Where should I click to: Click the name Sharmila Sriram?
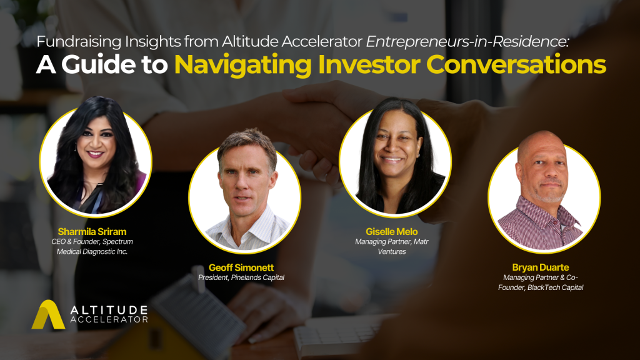pos(92,231)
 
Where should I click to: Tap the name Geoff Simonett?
pos(241,267)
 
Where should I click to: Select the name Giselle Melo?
pos(391,231)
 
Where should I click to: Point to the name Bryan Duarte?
pos(541,267)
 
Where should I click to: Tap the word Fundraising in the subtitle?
pos(79,42)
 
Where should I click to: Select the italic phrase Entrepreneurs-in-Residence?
pos(467,42)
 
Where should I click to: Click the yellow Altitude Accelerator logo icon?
pos(48,314)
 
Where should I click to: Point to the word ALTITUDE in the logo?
pos(109,310)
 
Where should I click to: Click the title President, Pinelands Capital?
pos(241,277)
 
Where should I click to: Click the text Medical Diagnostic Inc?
pos(92,252)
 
